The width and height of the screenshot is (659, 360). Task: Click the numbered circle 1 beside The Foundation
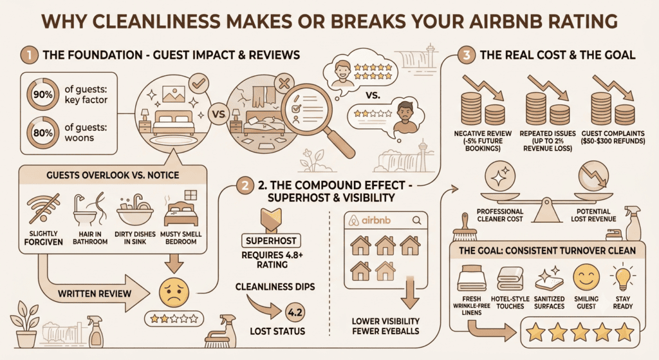[29, 55]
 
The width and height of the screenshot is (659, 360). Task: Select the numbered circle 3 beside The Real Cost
[466, 55]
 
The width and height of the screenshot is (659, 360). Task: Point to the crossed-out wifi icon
[43, 209]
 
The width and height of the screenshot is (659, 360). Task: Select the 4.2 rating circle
[295, 312]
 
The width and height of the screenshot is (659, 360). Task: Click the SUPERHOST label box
[271, 241]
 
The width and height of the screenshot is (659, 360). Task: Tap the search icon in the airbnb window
[416, 220]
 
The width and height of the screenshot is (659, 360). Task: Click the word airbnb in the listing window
[376, 220]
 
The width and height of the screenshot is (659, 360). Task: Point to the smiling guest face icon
[586, 277]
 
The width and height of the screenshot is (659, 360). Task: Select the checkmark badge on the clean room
[199, 84]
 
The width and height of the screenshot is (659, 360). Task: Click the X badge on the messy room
[284, 84]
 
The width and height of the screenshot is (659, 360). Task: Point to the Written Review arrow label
[95, 294]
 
